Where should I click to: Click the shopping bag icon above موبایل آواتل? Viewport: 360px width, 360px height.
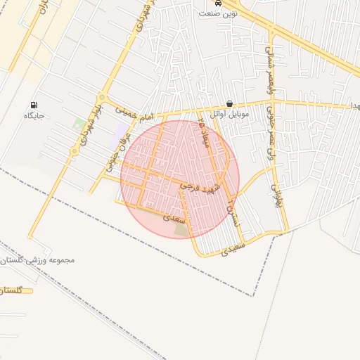tap(230, 103)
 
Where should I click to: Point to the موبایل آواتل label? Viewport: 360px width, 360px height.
tap(226, 114)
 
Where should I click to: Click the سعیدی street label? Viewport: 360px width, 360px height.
tap(234, 248)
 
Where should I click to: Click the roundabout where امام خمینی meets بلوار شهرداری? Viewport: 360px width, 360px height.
tap(103, 98)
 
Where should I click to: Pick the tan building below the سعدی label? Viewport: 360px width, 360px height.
tap(181, 229)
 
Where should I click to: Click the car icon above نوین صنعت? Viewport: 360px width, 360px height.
tap(219, 3)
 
